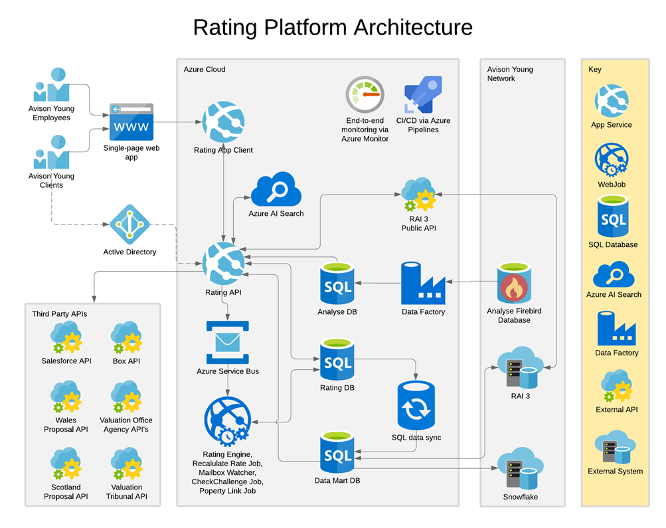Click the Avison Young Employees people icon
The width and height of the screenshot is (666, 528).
(52, 85)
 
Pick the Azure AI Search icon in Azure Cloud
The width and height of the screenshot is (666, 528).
(276, 190)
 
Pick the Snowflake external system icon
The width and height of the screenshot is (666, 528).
(519, 472)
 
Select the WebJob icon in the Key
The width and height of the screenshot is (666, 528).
(612, 160)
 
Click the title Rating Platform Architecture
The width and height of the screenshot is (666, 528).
(333, 27)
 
